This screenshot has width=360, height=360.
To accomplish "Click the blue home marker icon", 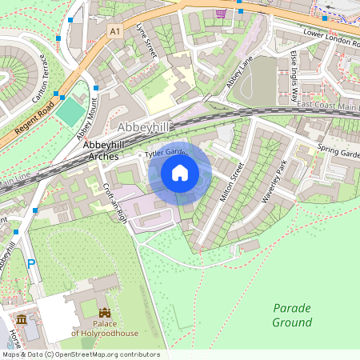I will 180,172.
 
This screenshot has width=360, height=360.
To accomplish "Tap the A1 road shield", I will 115,30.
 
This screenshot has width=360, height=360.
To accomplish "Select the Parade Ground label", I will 292,315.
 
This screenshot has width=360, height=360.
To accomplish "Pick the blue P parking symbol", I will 31,263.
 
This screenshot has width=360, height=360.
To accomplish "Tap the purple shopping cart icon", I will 220,14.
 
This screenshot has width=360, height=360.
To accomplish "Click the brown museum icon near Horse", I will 22,320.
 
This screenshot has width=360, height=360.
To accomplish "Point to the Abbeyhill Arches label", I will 97,148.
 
